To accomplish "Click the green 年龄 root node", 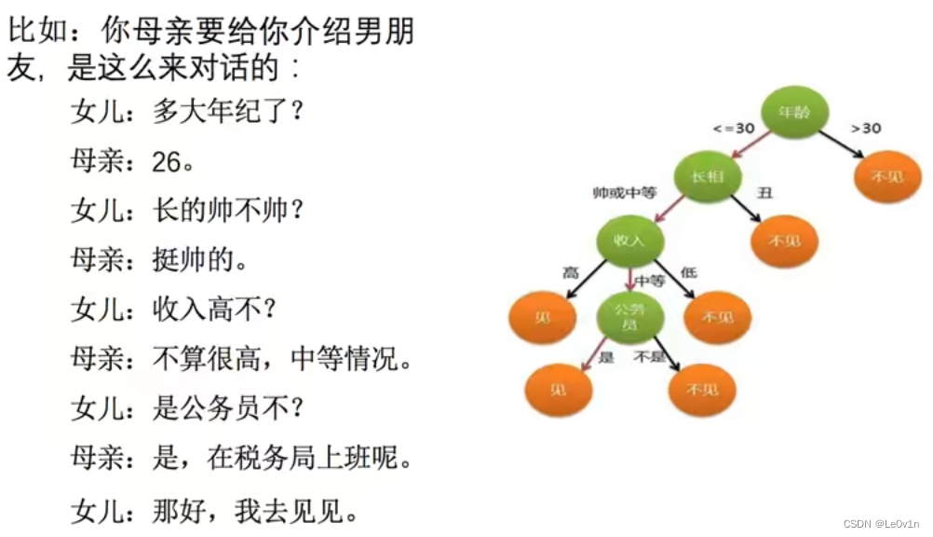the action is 794,112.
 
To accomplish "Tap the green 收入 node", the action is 629,241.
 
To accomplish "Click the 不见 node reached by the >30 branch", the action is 886,176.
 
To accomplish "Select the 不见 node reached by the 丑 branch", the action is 784,241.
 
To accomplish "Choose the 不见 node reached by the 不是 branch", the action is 702,390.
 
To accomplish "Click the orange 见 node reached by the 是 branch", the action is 560,390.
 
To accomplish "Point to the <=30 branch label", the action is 733,129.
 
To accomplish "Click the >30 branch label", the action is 866,129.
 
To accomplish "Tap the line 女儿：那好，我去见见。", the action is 214,510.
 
